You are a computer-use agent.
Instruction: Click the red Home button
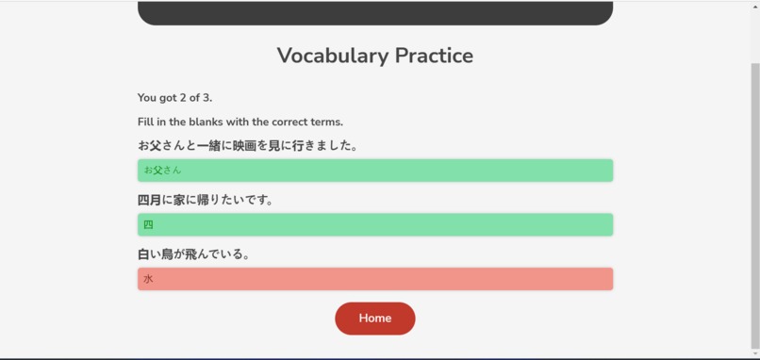(374, 319)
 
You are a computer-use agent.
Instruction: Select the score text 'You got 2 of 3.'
(174, 98)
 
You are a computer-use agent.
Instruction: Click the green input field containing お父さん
(374, 171)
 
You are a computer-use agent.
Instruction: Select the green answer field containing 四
(374, 225)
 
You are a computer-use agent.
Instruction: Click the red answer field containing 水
(374, 279)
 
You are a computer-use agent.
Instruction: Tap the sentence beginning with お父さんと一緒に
(247, 146)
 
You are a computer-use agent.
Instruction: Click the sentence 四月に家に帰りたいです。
(205, 200)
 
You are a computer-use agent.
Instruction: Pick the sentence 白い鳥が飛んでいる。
(193, 254)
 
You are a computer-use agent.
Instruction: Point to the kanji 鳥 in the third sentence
(169, 254)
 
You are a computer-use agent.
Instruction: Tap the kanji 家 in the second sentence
(180, 200)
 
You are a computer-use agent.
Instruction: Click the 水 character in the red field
(148, 279)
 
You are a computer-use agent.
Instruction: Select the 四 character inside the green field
(148, 225)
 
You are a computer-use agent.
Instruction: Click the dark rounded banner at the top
(374, 12)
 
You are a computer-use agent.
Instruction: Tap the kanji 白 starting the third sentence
(143, 254)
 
